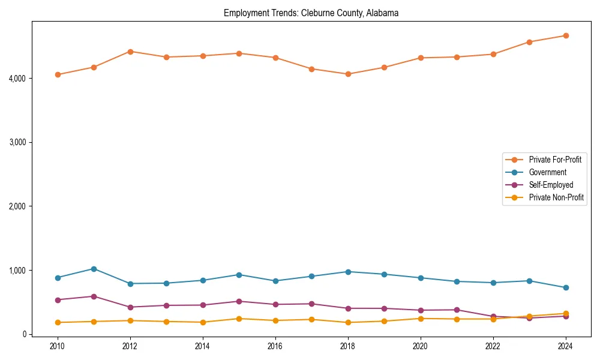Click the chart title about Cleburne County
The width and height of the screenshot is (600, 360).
click(x=311, y=13)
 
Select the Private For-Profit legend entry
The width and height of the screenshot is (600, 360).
click(x=555, y=160)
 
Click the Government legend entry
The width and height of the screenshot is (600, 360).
click(x=547, y=172)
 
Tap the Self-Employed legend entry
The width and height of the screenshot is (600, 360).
click(x=551, y=185)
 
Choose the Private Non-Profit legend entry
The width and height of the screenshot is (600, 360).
click(x=556, y=197)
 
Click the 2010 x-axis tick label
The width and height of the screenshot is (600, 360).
click(x=58, y=346)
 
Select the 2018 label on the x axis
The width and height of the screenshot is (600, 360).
click(x=348, y=346)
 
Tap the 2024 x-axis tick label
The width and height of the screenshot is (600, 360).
click(x=565, y=346)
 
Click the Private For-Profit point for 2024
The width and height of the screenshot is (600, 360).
click(x=565, y=36)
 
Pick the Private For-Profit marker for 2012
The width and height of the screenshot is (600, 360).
click(x=130, y=52)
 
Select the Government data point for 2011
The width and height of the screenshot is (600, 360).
click(x=94, y=269)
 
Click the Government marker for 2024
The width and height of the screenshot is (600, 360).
click(x=565, y=287)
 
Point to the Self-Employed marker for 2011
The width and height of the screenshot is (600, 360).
click(x=94, y=296)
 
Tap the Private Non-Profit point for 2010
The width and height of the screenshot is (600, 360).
click(x=58, y=322)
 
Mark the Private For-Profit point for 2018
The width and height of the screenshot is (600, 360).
click(x=348, y=74)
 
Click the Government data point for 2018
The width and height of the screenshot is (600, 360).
click(x=348, y=272)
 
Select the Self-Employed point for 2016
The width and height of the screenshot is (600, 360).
click(x=275, y=304)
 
